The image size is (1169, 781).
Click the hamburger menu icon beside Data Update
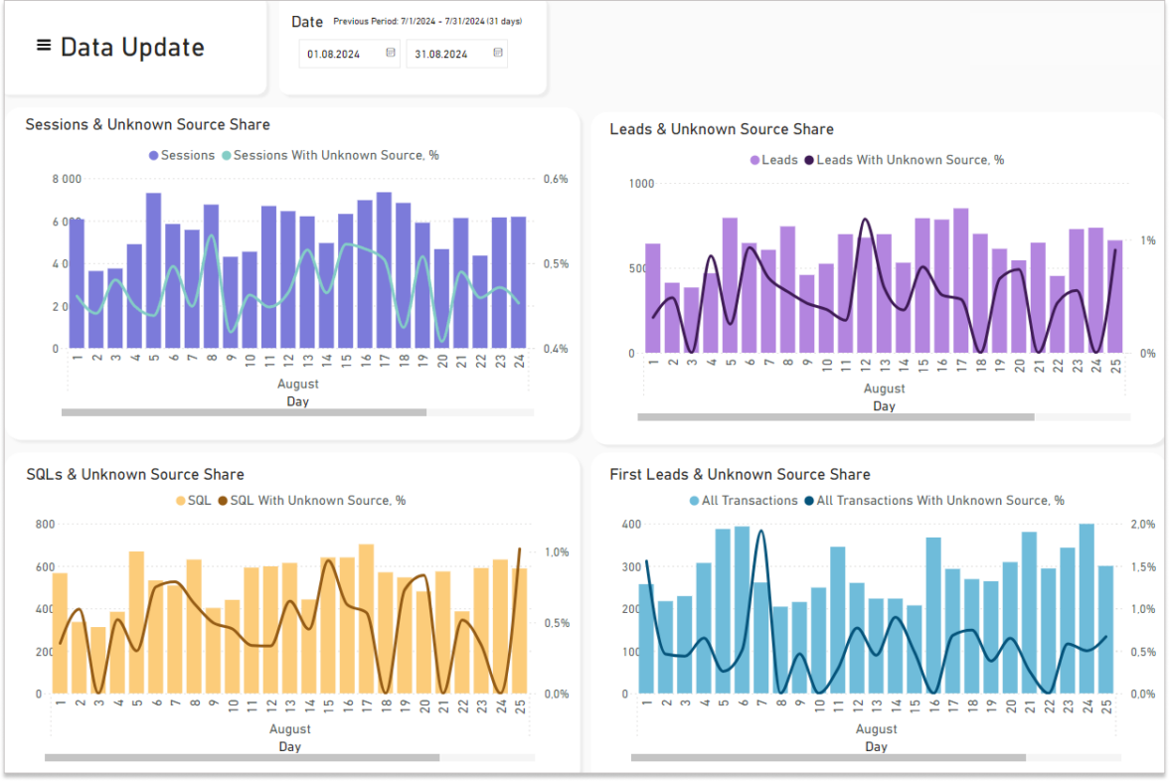click(44, 46)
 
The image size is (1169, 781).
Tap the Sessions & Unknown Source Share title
click(147, 124)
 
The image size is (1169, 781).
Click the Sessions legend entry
click(182, 155)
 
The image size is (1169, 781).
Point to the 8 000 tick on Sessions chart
click(67, 180)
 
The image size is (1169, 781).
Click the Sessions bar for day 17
click(385, 270)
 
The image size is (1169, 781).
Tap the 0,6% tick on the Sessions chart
click(556, 180)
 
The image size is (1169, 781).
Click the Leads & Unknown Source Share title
click(721, 129)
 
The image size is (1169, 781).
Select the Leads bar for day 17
click(961, 281)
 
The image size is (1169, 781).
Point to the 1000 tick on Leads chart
click(641, 184)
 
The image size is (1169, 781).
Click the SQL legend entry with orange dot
click(194, 501)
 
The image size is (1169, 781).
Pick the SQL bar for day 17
click(366, 619)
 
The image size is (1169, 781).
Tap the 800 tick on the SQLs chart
click(45, 524)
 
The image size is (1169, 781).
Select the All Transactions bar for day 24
click(1086, 608)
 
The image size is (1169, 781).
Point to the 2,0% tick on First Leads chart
click(1142, 524)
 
